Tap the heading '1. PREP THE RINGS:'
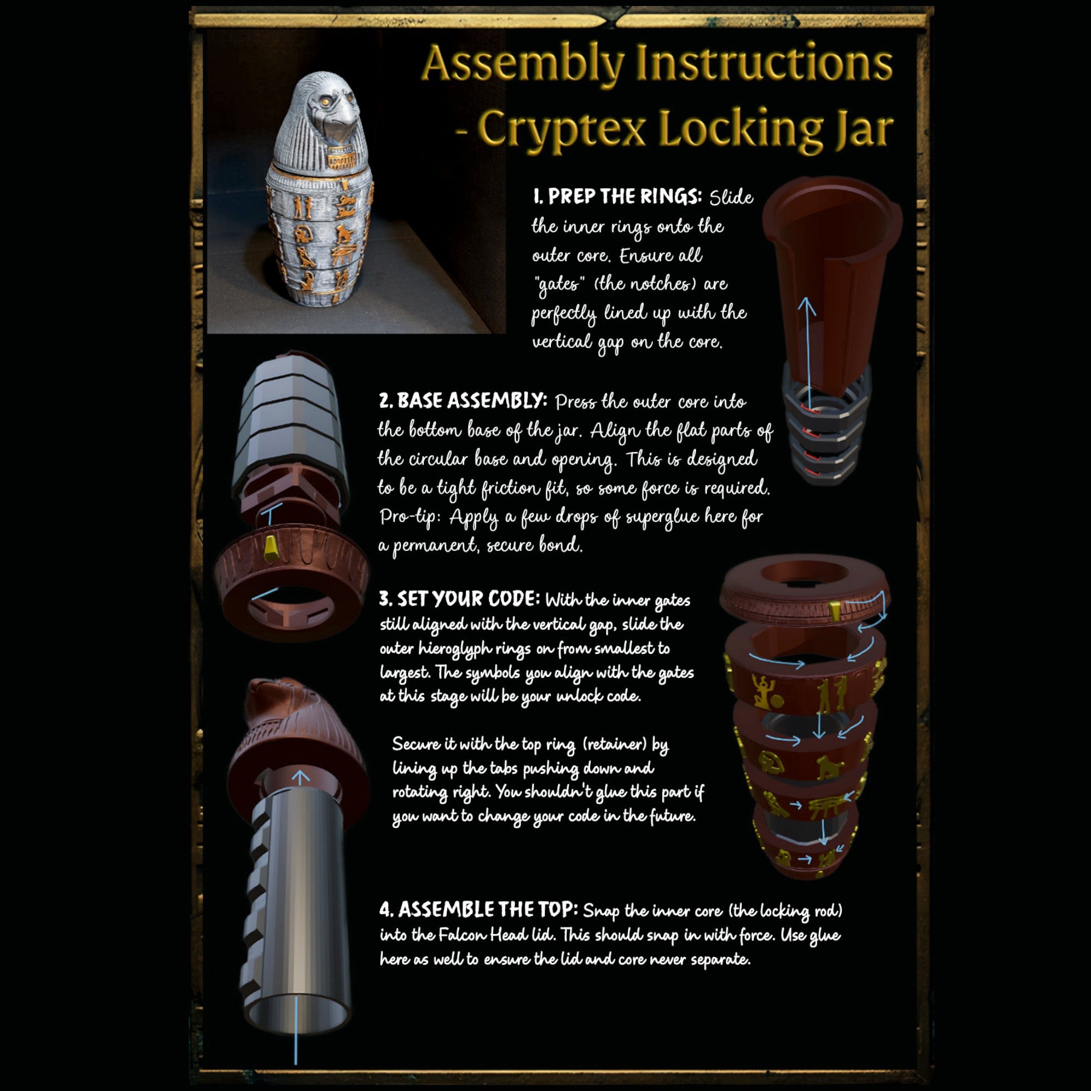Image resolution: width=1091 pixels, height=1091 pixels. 617,196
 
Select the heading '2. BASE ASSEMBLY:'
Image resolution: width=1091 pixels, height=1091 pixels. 463,401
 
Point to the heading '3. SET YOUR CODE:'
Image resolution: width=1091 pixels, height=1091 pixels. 460,598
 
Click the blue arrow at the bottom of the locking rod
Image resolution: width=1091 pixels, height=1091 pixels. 296,1030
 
